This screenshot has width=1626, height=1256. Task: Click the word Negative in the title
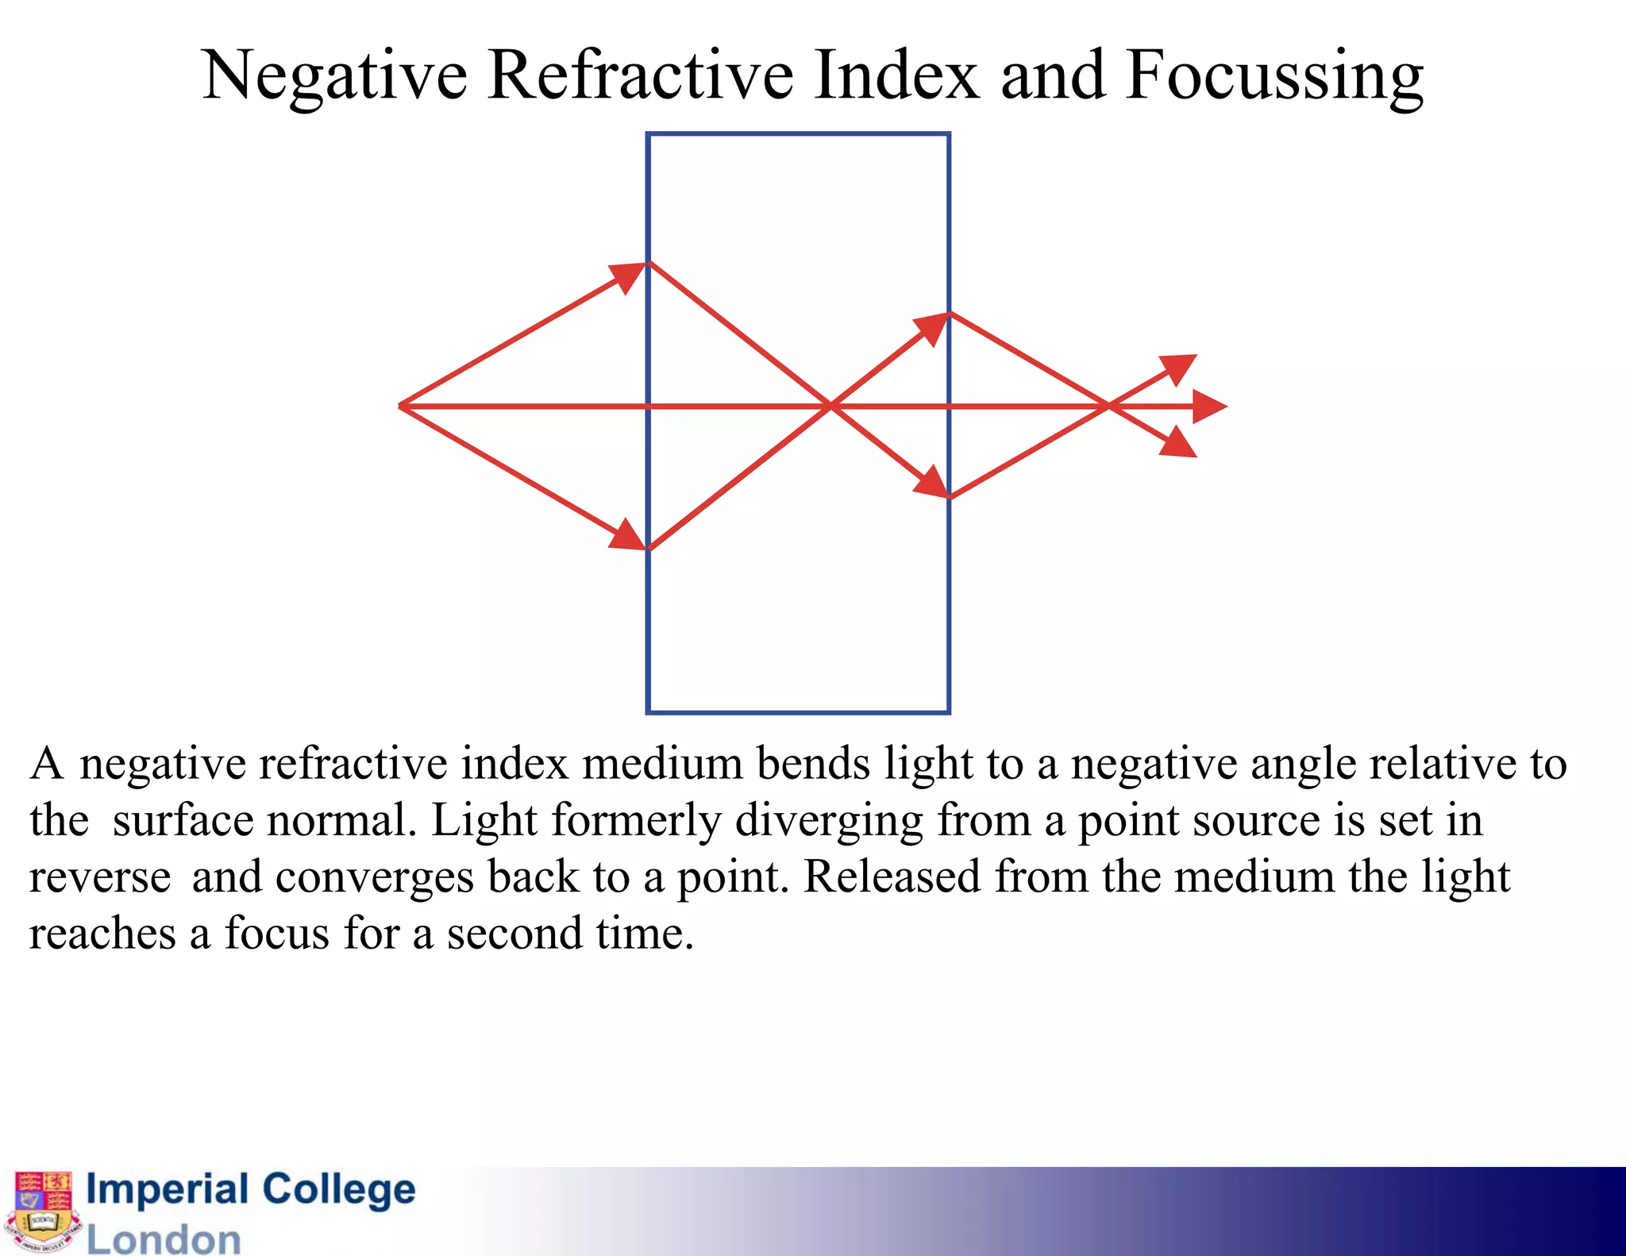334,77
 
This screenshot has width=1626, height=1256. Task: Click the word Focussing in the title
1273,77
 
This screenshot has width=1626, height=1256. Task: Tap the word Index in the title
896,75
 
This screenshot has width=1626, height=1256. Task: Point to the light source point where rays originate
401,406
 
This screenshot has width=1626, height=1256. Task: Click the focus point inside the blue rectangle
830,406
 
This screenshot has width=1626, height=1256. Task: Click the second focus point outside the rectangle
1108,406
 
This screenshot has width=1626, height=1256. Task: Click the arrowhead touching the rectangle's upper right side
934,327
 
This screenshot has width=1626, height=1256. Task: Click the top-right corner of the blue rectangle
949,134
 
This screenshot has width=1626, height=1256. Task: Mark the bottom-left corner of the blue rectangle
649,711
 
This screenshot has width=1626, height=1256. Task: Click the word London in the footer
164,1239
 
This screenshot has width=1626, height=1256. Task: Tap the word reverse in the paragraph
100,878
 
